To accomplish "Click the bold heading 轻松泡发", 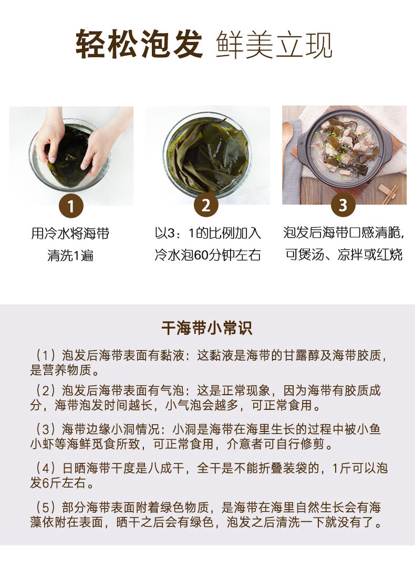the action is (139, 44).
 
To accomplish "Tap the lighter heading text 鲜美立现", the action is (274, 45).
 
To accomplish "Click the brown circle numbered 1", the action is (71, 206).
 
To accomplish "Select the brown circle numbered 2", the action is (206, 205).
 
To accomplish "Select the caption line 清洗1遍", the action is (71, 255).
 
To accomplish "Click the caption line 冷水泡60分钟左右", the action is (207, 255).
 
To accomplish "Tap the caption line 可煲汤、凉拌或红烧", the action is (344, 254).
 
